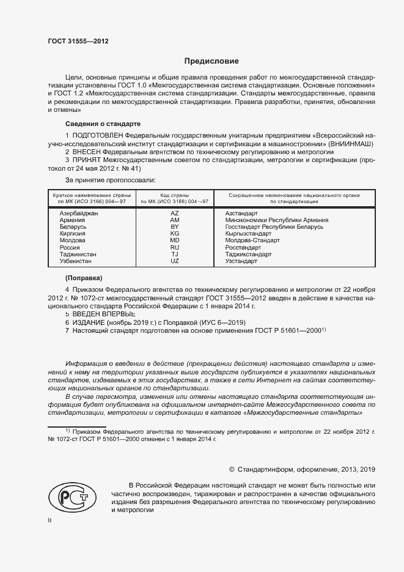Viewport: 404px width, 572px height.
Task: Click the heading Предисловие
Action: coord(212,61)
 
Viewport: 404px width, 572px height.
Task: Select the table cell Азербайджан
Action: coord(78,212)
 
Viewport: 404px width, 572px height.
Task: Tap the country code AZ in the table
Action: coord(174,212)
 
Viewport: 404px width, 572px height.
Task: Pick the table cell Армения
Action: coord(73,220)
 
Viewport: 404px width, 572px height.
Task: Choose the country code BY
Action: coord(174,226)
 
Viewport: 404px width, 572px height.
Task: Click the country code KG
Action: coord(174,234)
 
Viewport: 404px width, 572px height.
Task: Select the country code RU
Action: coord(174,247)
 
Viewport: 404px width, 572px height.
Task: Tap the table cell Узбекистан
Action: coord(75,261)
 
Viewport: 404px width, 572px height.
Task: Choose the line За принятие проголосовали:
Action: coord(110,180)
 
